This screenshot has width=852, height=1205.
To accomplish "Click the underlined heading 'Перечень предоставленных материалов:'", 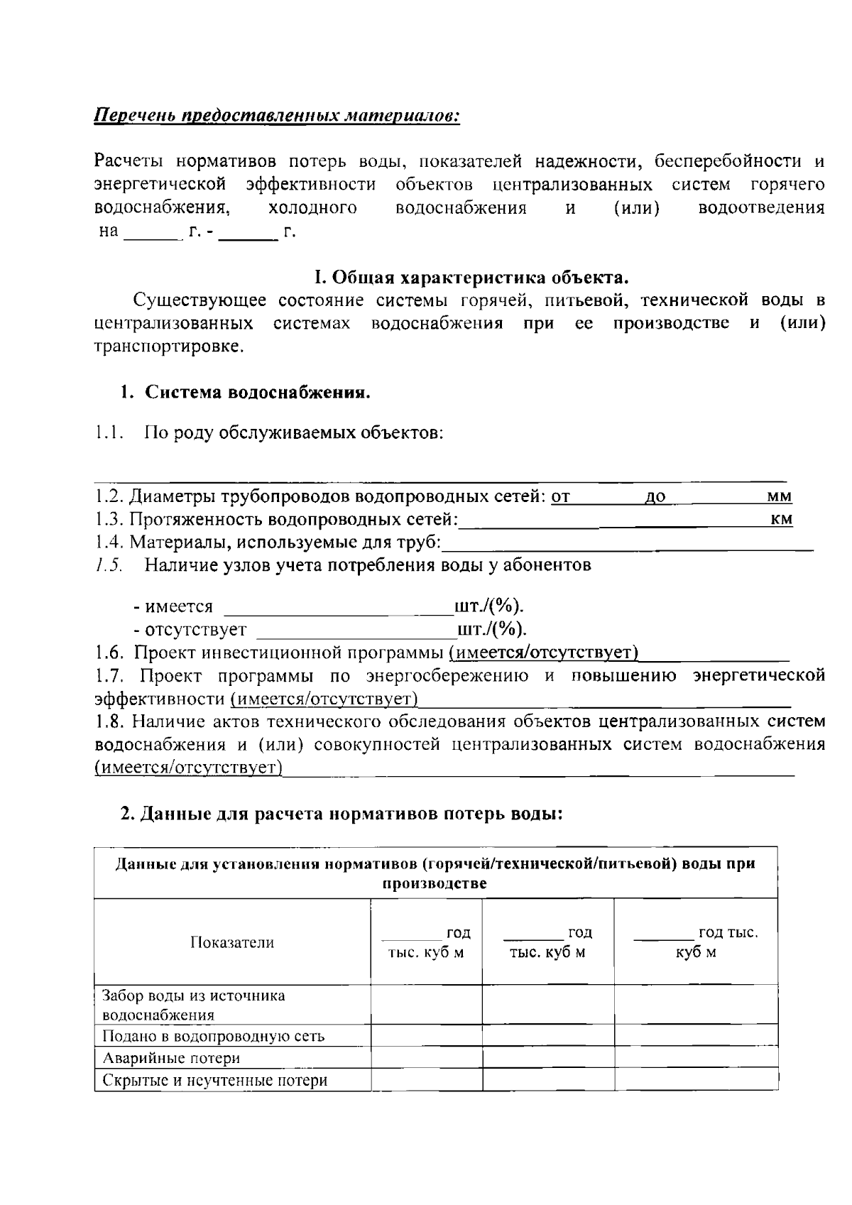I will click(x=277, y=116).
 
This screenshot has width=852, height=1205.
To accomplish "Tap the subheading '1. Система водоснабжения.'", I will click(x=245, y=393).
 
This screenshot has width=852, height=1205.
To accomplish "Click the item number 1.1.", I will click(x=110, y=432).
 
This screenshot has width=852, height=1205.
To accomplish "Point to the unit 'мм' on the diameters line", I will click(x=780, y=497).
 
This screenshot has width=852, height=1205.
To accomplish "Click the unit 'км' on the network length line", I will click(x=781, y=520).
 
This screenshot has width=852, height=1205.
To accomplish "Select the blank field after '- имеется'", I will click(x=338, y=608).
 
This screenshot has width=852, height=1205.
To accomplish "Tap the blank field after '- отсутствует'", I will click(x=355, y=631).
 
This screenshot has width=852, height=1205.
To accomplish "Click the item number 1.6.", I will click(x=110, y=653).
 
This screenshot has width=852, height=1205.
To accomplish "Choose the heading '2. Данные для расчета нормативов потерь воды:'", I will click(x=341, y=814).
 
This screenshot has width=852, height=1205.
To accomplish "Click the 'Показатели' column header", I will click(x=232, y=942).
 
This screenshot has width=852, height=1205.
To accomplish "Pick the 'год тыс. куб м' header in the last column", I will click(x=696, y=942).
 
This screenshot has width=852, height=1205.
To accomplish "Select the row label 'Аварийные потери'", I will click(x=171, y=1058).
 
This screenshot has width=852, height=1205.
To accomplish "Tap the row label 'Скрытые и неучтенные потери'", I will click(x=215, y=1081).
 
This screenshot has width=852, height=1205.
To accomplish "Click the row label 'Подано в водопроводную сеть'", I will click(x=213, y=1036).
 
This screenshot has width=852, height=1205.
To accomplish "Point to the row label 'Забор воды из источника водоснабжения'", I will click(x=194, y=1005).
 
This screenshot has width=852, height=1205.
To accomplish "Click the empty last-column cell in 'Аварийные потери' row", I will click(x=696, y=1058).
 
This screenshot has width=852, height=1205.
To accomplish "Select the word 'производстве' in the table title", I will click(x=435, y=884).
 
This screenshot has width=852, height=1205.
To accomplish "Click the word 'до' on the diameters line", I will click(x=656, y=497).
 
